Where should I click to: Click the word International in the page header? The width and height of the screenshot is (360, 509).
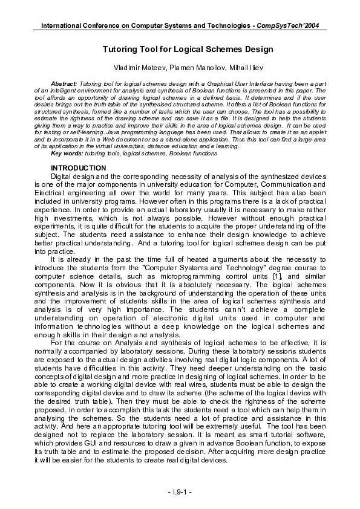(63, 25)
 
